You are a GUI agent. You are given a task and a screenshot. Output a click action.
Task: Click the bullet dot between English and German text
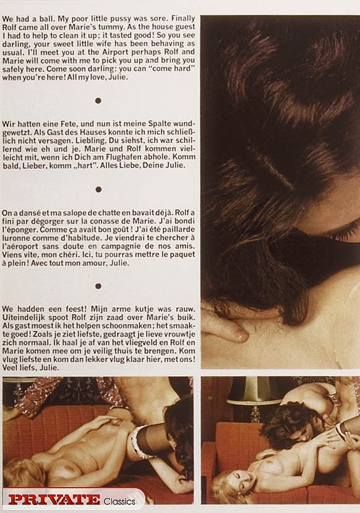tap(98, 100)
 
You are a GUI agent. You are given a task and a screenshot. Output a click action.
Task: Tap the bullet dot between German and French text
tap(98, 189)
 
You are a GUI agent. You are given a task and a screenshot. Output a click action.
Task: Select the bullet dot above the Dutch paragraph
tap(98, 286)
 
